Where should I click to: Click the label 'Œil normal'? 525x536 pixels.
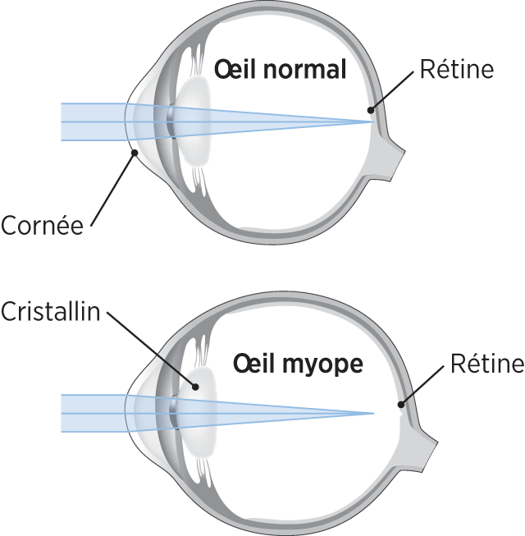[x=280, y=70]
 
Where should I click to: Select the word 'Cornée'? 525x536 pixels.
[x=43, y=225]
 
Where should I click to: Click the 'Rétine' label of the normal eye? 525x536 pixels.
[x=456, y=70]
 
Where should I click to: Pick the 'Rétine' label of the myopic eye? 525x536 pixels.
[x=486, y=364]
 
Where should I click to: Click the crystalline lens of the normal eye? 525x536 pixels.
[x=194, y=121]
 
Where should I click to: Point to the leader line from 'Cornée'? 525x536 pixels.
[x=111, y=188]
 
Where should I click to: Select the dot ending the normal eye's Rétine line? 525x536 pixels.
[x=371, y=108]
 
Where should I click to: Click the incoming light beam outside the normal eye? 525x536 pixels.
[x=90, y=121]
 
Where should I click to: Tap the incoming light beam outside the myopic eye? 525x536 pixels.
[x=90, y=413]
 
